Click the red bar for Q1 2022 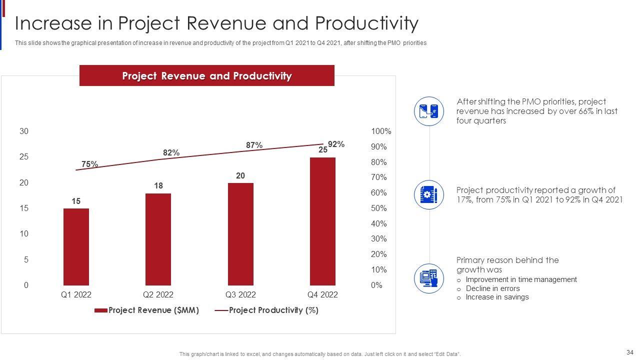pyautogui.click(x=76, y=246)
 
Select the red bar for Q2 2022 pyautogui.click(x=158, y=239)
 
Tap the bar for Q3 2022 pyautogui.click(x=240, y=234)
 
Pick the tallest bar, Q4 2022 pyautogui.click(x=322, y=221)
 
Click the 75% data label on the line pyautogui.click(x=89, y=164)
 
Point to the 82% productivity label pyautogui.click(x=171, y=152)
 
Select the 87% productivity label pyautogui.click(x=254, y=145)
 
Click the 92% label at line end pyautogui.click(x=336, y=144)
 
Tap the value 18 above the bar pyautogui.click(x=158, y=186)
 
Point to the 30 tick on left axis pyautogui.click(x=24, y=131)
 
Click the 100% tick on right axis pyautogui.click(x=381, y=131)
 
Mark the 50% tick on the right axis pyautogui.click(x=379, y=208)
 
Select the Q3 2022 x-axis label pyautogui.click(x=240, y=295)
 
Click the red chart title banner pyautogui.click(x=206, y=75)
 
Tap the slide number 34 pyautogui.click(x=629, y=351)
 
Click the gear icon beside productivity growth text pyautogui.click(x=429, y=194)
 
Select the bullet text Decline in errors pyautogui.click(x=492, y=288)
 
